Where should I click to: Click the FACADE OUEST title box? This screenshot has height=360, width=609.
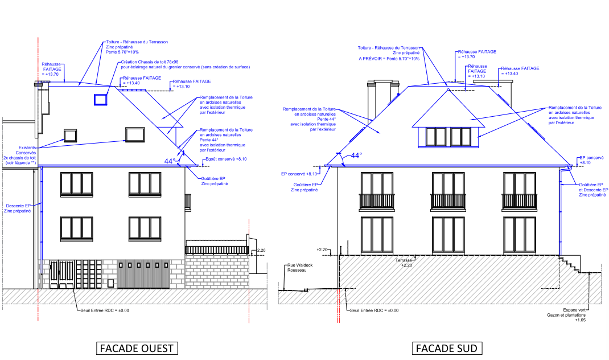[x=136, y=348]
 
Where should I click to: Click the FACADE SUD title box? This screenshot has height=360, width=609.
[x=448, y=348]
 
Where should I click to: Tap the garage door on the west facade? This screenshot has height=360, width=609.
[x=144, y=275]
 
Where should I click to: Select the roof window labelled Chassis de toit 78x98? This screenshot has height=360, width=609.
[x=101, y=100]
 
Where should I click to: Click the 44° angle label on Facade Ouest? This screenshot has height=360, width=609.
[x=170, y=161]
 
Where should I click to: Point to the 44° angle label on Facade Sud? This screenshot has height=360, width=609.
[x=356, y=156]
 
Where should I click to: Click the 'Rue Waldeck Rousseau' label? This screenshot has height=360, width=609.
[x=297, y=268]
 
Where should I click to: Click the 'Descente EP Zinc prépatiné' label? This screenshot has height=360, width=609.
[x=18, y=208]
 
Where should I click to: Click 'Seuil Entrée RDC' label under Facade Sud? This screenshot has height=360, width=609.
[x=374, y=310]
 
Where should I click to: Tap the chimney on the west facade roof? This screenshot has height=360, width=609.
[x=43, y=111]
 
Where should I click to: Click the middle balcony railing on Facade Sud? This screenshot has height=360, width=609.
[x=448, y=201]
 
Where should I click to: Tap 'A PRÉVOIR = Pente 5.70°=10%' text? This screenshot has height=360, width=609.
[x=389, y=58]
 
